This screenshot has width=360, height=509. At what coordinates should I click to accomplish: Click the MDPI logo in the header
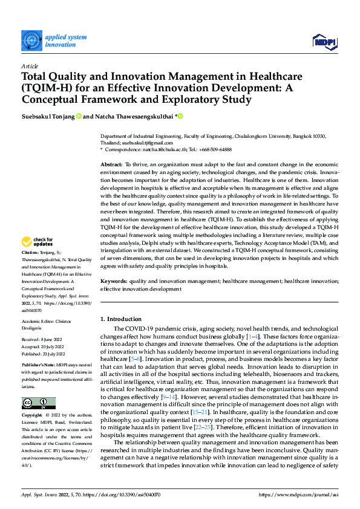[x=324, y=41]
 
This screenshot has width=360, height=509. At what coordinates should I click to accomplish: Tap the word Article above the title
[x=30, y=66]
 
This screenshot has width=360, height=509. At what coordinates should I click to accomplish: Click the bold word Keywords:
[x=113, y=281]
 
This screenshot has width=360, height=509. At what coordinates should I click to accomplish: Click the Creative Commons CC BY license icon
[x=38, y=403]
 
